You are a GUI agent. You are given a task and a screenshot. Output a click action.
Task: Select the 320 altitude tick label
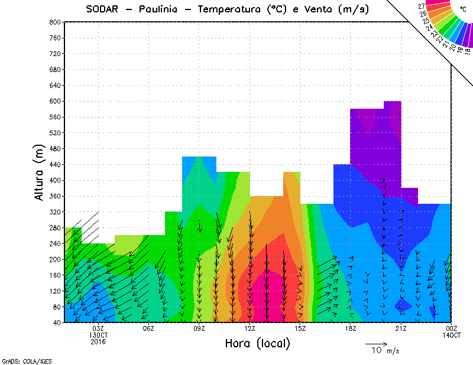tap(55, 212)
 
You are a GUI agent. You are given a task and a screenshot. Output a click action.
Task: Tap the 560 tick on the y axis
tap(55, 117)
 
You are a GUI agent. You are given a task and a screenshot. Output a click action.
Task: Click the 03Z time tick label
tap(98, 328)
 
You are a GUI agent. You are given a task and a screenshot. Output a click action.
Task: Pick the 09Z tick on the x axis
tap(199, 328)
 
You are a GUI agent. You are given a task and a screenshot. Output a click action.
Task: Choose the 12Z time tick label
tap(250, 328)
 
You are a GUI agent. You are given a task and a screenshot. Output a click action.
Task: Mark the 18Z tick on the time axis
tap(351, 328)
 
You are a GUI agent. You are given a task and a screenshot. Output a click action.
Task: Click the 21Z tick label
tap(401, 328)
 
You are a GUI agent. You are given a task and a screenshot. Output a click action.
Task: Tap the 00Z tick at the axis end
tap(452, 328)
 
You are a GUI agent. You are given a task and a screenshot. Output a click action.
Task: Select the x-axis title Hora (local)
tap(258, 344)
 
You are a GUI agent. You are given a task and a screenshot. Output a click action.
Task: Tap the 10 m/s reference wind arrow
tap(375, 343)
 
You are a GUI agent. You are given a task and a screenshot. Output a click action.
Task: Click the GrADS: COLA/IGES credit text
tap(23, 360)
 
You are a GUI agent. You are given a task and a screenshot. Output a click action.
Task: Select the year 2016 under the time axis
tap(98, 341)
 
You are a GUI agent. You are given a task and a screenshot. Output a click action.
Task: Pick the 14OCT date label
tap(452, 335)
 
